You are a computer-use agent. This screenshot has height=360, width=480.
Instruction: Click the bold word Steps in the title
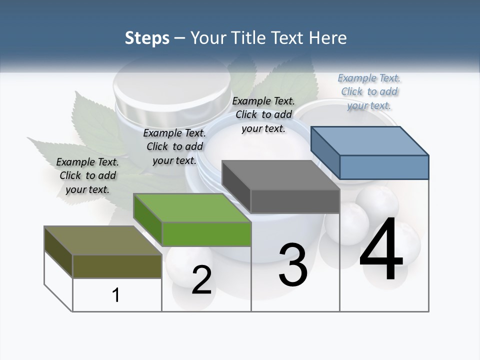[x=147, y=38]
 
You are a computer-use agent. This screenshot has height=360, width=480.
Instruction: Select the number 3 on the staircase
[x=293, y=264]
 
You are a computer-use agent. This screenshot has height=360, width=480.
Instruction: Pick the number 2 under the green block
[x=201, y=280]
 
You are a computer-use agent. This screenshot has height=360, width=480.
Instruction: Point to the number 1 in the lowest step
[x=116, y=295]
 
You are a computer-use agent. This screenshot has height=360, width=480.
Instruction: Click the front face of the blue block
[x=384, y=167]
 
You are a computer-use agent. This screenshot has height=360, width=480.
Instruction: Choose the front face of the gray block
[x=295, y=201]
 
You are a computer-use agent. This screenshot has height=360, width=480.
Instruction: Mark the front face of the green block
[x=206, y=234]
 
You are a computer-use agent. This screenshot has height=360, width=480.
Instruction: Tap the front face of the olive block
[x=117, y=266]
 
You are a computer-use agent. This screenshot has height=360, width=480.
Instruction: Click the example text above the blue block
[x=369, y=91]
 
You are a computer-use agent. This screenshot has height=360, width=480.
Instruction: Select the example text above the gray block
[x=263, y=114]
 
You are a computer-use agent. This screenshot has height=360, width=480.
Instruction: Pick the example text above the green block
[x=174, y=146]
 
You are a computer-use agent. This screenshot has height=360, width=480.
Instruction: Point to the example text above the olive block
[x=87, y=175]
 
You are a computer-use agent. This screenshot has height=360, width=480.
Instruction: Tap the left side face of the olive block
[x=58, y=251]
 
